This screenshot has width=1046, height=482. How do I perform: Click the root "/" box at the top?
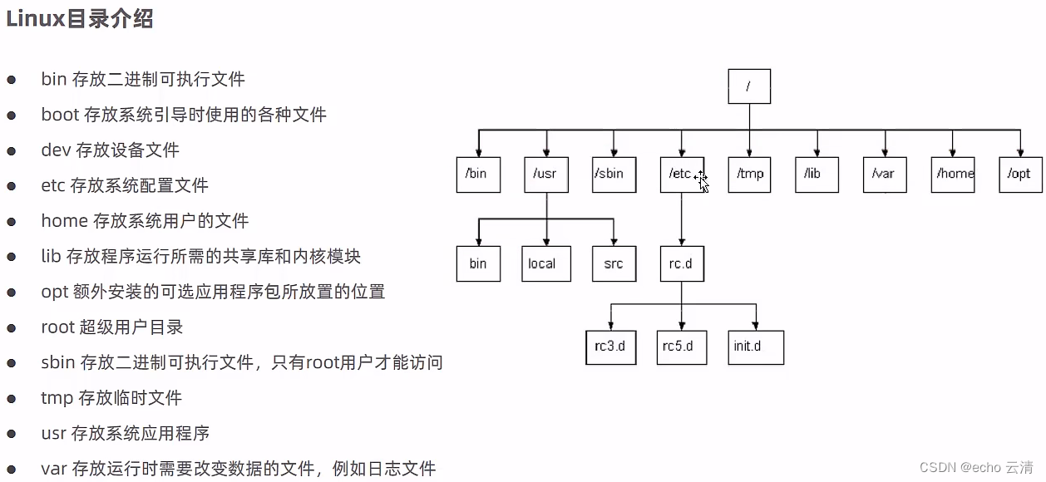click(x=749, y=86)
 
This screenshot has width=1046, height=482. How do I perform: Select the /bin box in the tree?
click(x=478, y=175)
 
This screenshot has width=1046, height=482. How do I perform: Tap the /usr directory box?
click(x=546, y=175)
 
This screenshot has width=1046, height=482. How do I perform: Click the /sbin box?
click(x=614, y=175)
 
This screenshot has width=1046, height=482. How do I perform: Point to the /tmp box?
click(x=749, y=175)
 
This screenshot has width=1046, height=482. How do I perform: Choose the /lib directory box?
click(x=817, y=175)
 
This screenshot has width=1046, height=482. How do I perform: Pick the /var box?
click(x=885, y=175)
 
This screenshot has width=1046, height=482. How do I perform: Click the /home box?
click(x=953, y=175)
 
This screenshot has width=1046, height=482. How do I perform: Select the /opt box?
click(x=1020, y=175)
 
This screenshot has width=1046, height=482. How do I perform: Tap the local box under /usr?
click(x=546, y=263)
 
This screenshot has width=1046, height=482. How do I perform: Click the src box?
click(x=614, y=263)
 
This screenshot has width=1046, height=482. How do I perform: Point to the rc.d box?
click(x=682, y=263)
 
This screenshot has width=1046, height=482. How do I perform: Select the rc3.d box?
click(x=610, y=347)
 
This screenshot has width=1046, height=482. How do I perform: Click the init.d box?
click(x=756, y=347)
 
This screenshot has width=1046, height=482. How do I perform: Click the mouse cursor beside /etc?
click(x=702, y=181)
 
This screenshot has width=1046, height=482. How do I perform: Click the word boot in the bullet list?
click(x=60, y=115)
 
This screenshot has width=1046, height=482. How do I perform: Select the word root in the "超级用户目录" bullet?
click(x=57, y=327)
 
